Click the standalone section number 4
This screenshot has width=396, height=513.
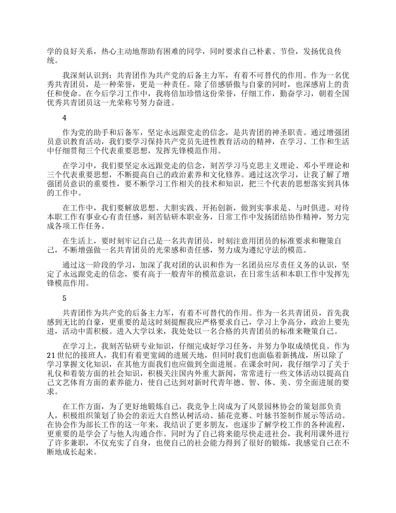[64, 118]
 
